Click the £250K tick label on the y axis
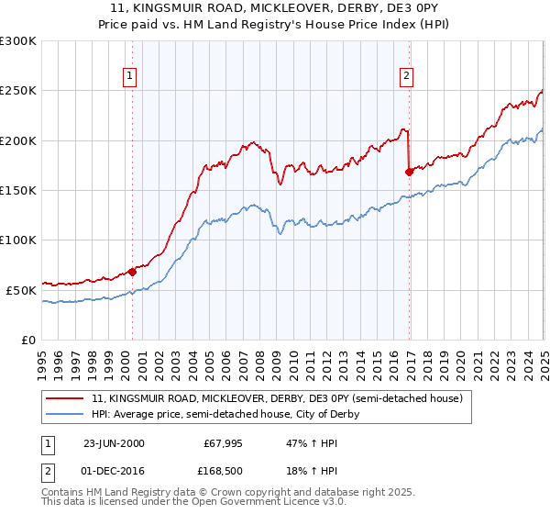(x=18, y=91)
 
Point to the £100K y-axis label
(x=18, y=240)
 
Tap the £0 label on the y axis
(x=28, y=340)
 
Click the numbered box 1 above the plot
(x=130, y=76)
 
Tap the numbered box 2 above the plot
(x=405, y=76)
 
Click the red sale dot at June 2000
(x=132, y=272)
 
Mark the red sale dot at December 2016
(x=409, y=172)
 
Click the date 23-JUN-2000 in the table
(x=114, y=442)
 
